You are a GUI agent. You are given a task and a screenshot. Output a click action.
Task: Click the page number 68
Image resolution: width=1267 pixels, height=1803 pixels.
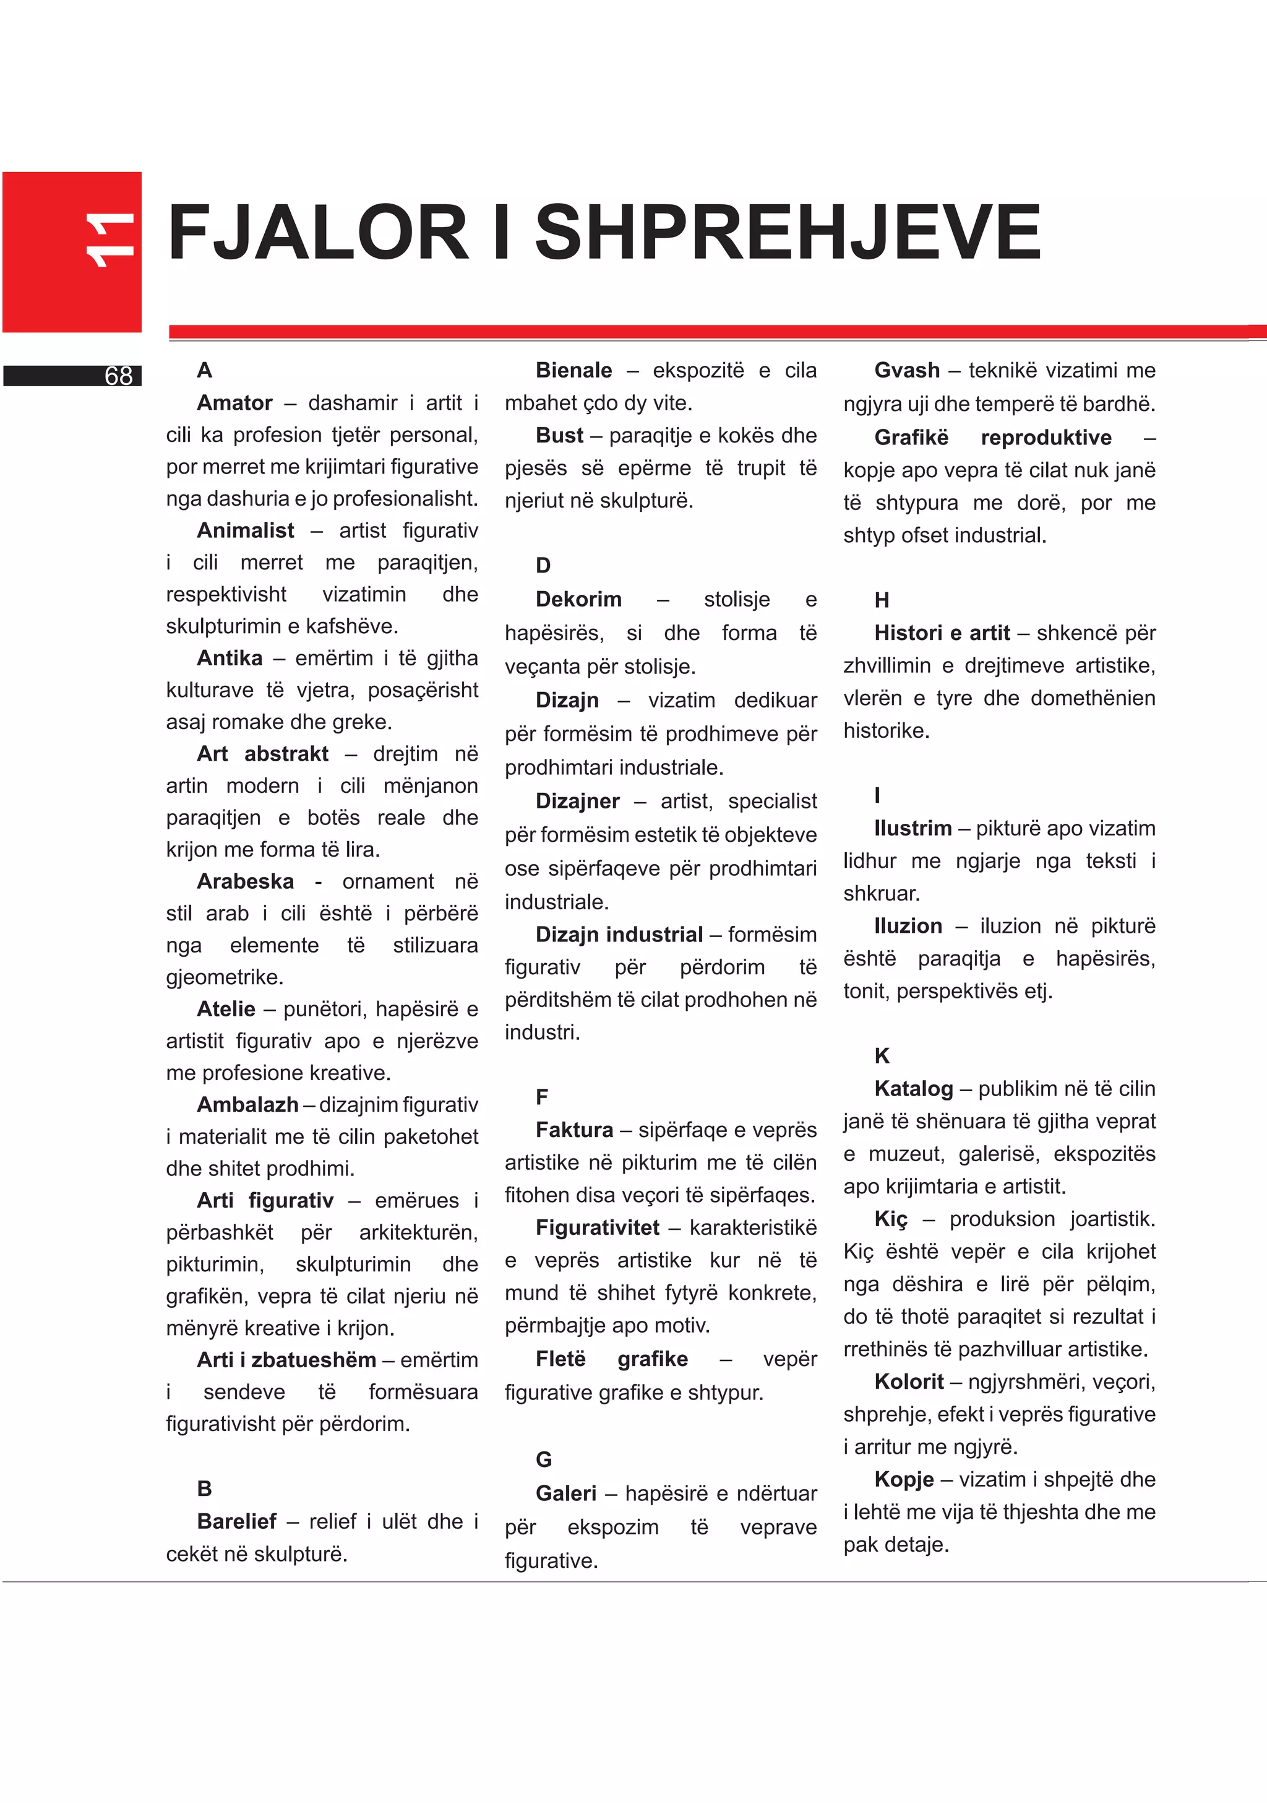click(x=119, y=376)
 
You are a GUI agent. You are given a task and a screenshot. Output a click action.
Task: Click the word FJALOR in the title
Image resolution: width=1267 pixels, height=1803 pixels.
click(x=318, y=233)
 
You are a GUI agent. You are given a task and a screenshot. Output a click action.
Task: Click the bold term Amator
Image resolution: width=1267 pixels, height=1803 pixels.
click(x=234, y=403)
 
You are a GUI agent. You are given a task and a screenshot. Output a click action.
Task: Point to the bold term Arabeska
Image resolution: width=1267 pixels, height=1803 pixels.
click(x=245, y=881)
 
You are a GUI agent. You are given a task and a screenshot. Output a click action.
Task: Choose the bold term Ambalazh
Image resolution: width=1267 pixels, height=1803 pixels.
click(x=247, y=1105)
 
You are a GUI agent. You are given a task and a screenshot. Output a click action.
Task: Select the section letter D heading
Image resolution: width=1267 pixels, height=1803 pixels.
click(x=543, y=565)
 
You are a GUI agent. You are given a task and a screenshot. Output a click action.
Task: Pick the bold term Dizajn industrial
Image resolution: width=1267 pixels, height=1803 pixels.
click(x=619, y=935)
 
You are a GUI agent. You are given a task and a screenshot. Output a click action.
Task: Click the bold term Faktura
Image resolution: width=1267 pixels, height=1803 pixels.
click(x=574, y=1130)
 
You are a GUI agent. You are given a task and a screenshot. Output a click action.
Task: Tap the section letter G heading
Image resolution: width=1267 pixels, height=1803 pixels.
click(x=543, y=1460)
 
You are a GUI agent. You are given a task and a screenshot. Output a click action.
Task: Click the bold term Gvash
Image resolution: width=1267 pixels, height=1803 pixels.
click(x=907, y=370)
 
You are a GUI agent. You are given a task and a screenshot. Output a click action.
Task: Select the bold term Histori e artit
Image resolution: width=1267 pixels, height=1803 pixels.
click(x=942, y=633)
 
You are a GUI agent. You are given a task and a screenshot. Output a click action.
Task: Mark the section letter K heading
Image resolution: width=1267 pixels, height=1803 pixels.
click(x=882, y=1056)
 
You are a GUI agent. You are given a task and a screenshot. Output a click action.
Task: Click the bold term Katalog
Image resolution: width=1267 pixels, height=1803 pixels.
click(x=914, y=1089)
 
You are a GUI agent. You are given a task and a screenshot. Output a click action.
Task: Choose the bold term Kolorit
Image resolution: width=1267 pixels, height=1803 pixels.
click(x=909, y=1381)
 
